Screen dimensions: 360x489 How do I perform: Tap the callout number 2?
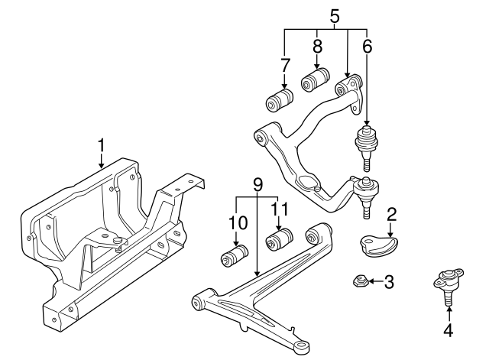390,214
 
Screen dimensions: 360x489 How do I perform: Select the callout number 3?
389,282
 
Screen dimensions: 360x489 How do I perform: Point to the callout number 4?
449,330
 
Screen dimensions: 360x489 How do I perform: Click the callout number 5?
334,15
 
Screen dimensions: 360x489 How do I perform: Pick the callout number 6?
368,46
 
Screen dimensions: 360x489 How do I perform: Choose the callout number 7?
286,65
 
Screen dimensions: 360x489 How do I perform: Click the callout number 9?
257,184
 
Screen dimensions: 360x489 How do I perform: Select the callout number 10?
238,222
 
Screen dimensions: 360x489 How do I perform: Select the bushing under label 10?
235,255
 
